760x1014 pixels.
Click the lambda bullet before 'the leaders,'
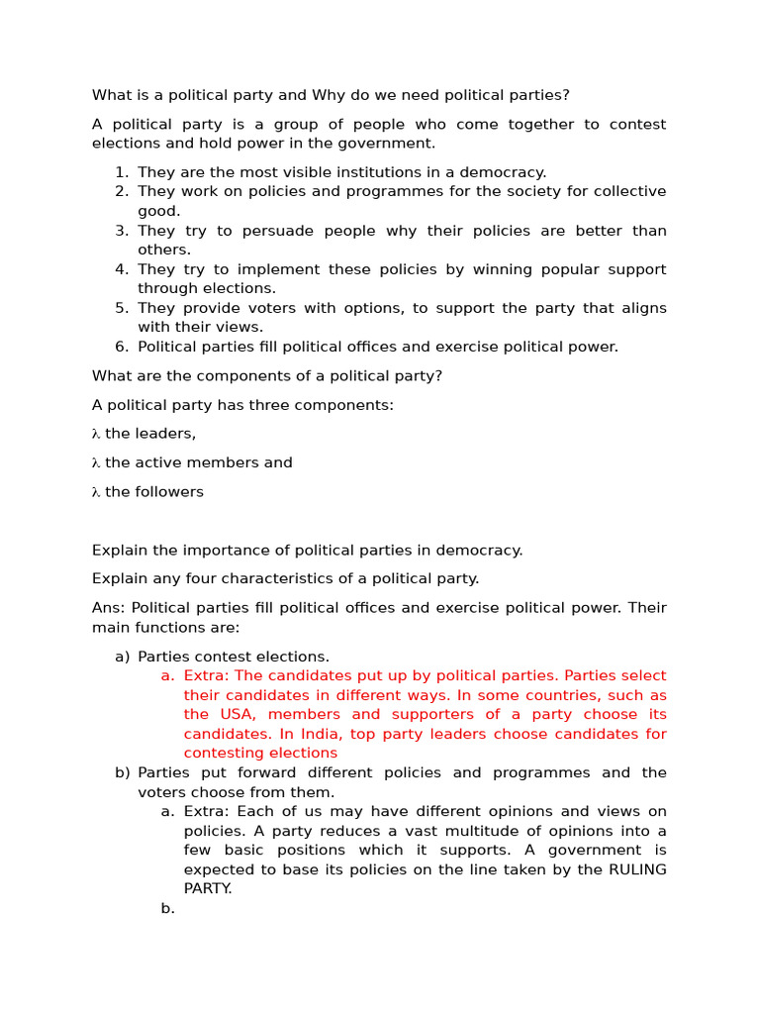click(96, 434)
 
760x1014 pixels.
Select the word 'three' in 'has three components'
click(246, 405)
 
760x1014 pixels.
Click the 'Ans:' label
click(109, 608)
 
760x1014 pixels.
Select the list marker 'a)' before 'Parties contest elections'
click(122, 657)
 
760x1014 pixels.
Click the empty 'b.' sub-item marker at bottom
click(167, 908)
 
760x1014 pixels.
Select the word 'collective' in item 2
click(628, 191)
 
